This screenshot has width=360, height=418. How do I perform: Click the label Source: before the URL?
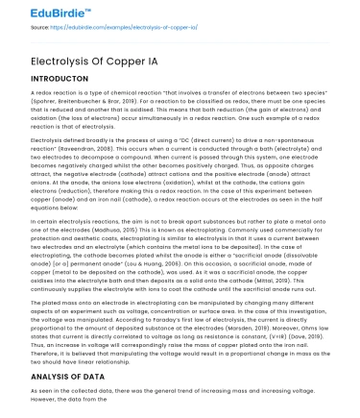click(17, 29)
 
